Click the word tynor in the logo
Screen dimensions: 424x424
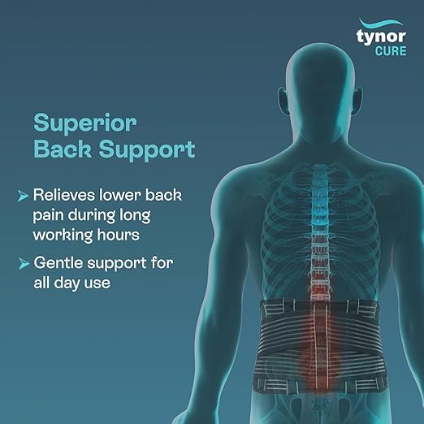click(x=381, y=37)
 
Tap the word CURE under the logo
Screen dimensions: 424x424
click(x=391, y=51)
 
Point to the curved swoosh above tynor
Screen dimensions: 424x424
click(x=381, y=24)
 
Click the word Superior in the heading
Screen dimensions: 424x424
click(x=84, y=123)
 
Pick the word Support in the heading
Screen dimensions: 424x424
click(x=147, y=150)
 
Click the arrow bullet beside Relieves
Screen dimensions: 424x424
click(x=23, y=196)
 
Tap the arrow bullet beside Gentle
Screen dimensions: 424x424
click(x=24, y=264)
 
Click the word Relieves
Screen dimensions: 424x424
click(x=64, y=195)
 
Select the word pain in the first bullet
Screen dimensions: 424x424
click(x=48, y=216)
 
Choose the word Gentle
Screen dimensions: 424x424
click(x=58, y=263)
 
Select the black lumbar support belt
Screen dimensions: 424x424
click(x=319, y=346)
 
